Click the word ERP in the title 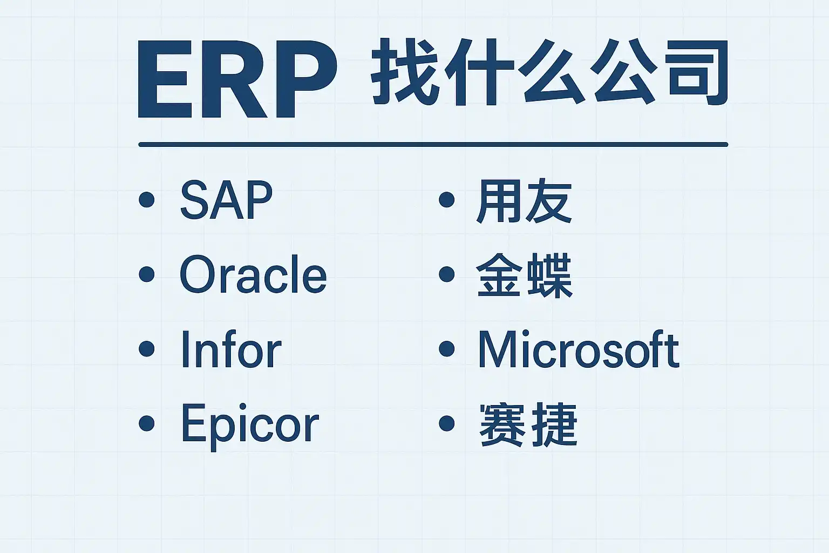(x=237, y=79)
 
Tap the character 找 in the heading (x=405, y=71)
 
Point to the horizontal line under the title (x=433, y=144)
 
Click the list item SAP (x=226, y=200)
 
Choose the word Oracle (x=253, y=274)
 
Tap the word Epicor (x=250, y=427)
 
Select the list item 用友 (x=524, y=200)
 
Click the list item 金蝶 (x=525, y=275)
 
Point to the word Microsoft (x=579, y=349)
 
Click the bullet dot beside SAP (x=147, y=200)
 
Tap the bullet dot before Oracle (x=147, y=274)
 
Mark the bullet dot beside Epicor (x=147, y=423)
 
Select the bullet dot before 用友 (x=447, y=200)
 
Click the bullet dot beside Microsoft (x=447, y=348)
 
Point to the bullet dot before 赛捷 (x=447, y=423)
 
